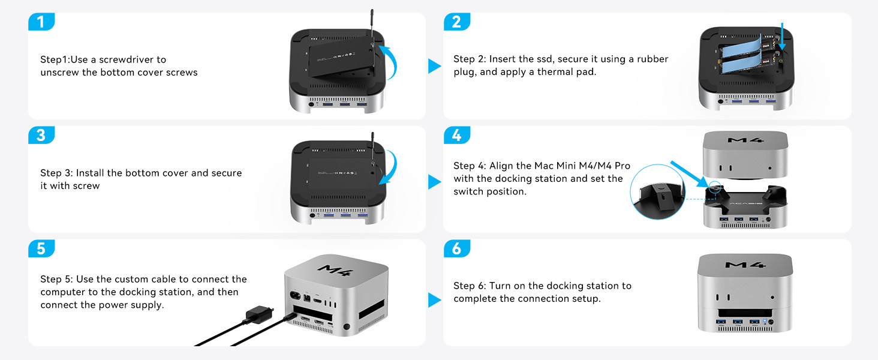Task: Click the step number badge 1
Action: pyautogui.click(x=41, y=22)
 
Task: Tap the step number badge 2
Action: pyautogui.click(x=456, y=22)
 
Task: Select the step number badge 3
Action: pyautogui.click(x=41, y=135)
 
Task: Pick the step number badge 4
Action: pyautogui.click(x=456, y=135)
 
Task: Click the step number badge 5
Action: pyautogui.click(x=41, y=248)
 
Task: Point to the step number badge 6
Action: pyautogui.click(x=456, y=248)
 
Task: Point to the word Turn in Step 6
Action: pyautogui.click(x=501, y=286)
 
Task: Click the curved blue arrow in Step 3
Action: pyautogui.click(x=387, y=170)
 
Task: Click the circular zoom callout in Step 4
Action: pyautogui.click(x=657, y=192)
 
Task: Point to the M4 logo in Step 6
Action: pyautogui.click(x=744, y=264)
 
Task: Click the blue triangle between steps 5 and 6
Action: pyautogui.click(x=434, y=299)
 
